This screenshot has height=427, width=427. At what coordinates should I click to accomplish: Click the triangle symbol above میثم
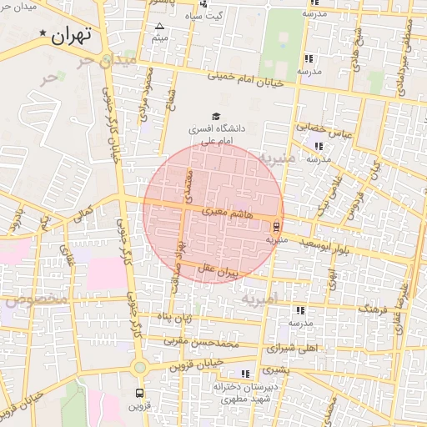pos(159,27)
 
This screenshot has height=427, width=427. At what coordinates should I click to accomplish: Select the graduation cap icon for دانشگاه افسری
pos(217,116)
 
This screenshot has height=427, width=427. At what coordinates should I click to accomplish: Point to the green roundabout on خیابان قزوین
pos(139,367)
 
